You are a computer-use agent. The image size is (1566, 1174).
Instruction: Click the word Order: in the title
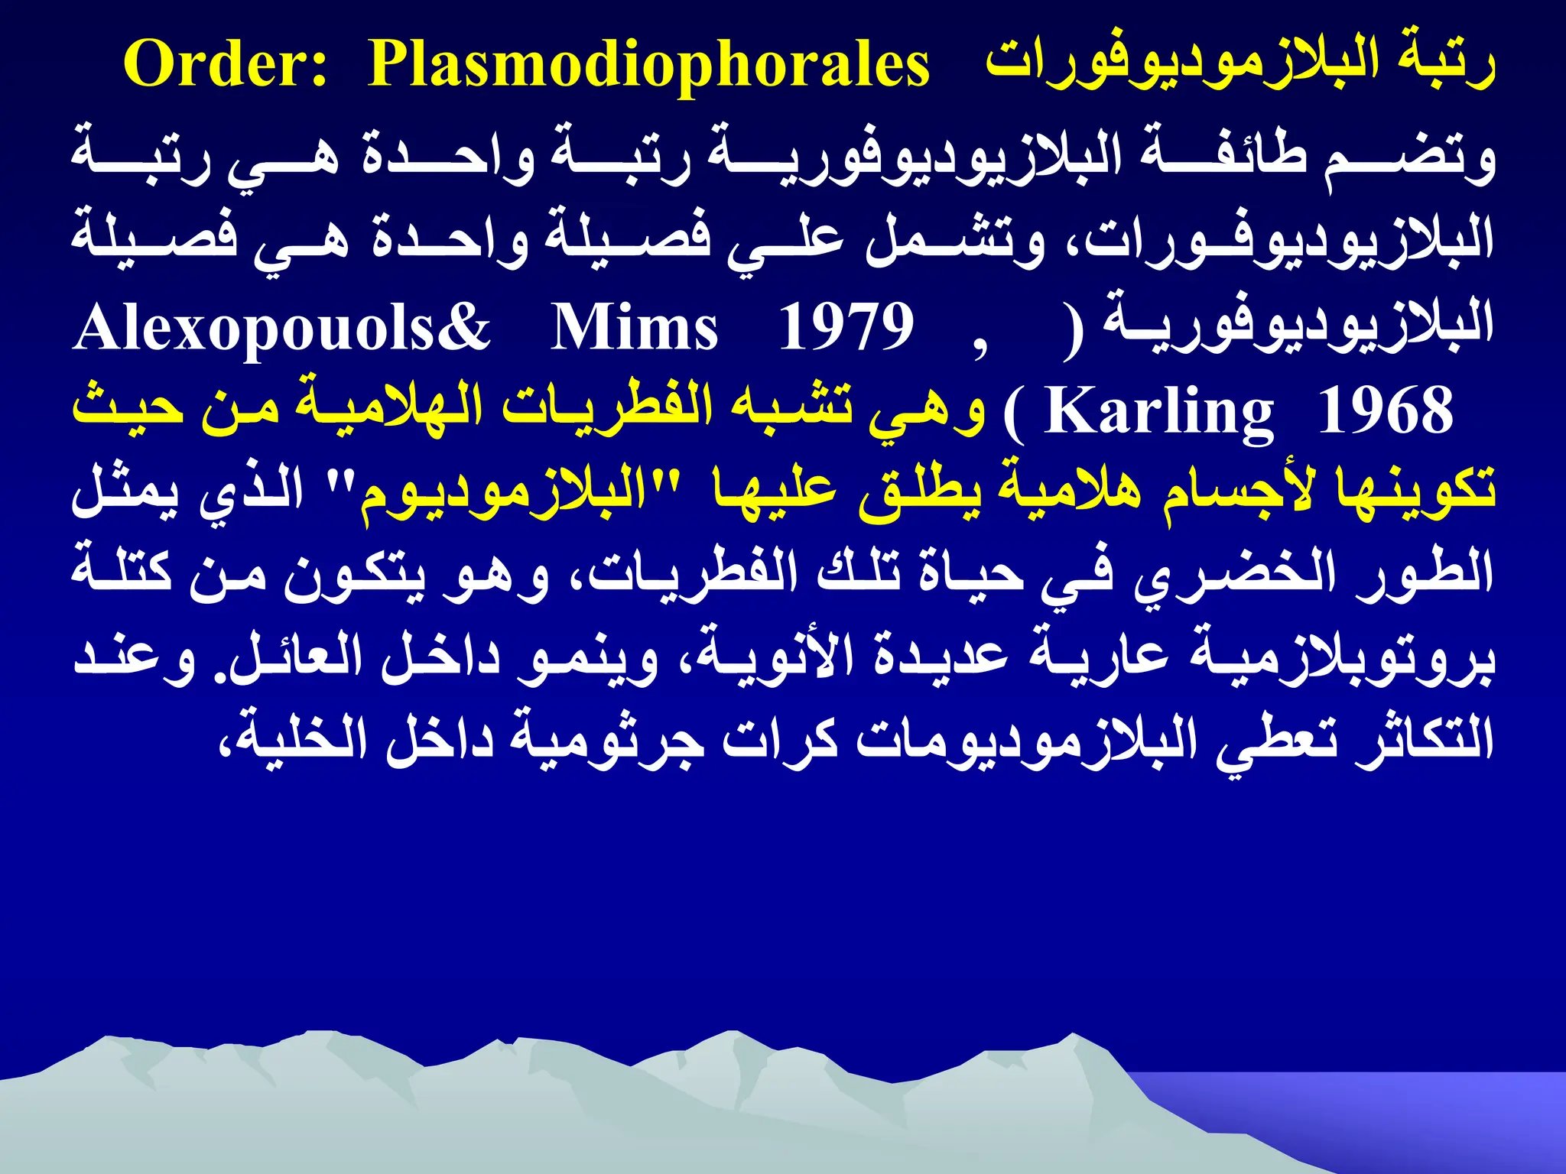point(226,64)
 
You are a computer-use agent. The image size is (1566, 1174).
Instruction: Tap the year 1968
point(1385,411)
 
